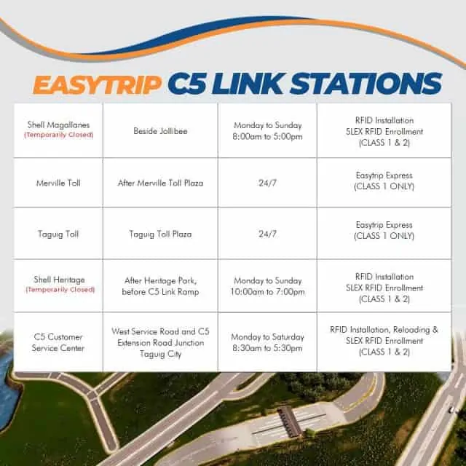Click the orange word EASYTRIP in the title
coord(97,84)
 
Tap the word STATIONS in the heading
coord(366,84)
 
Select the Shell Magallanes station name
coord(58,125)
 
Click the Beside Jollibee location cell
coord(160,131)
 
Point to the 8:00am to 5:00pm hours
coord(267,137)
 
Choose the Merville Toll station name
coord(58,183)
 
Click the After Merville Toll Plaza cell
coord(160,183)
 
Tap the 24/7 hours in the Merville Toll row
coord(267,183)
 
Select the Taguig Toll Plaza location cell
coord(160,234)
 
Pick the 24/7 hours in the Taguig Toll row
coord(267,234)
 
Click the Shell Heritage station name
coord(59,280)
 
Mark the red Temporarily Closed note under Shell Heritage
coord(60,290)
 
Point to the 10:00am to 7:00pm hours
coord(267,292)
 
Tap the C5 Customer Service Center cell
coord(58,342)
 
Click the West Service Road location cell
coord(160,343)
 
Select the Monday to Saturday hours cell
coord(267,342)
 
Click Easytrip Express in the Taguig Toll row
coord(384,225)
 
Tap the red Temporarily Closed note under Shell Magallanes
coord(59,135)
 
